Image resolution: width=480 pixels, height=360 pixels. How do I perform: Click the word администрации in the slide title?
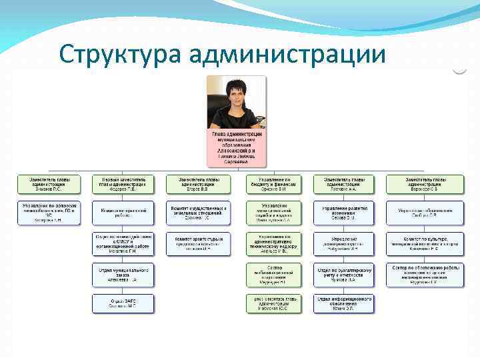coord(287,54)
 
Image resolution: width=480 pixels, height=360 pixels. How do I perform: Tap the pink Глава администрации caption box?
coord(237,148)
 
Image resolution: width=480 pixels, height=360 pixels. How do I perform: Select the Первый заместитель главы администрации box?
coord(123,184)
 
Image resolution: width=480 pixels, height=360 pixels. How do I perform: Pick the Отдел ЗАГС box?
coord(123,304)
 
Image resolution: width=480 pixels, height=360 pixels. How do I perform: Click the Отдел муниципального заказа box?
coord(123,274)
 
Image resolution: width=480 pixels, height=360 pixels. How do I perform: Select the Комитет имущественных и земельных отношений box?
coord(198,213)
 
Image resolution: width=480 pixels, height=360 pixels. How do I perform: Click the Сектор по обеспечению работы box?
coord(425,274)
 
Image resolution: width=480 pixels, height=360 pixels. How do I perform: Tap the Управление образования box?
coord(425,213)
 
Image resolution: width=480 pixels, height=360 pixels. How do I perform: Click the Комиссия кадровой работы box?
coord(123,213)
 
